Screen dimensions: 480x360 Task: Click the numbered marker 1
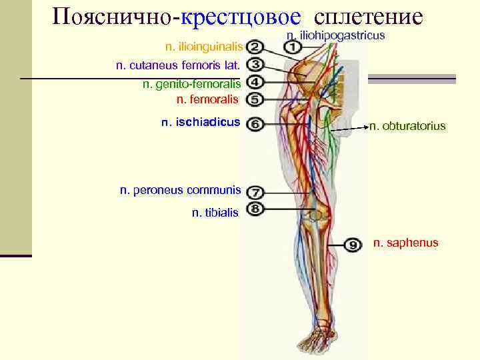pos(292,47)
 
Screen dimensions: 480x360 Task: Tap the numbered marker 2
pos(255,47)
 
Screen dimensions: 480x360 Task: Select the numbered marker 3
pos(255,65)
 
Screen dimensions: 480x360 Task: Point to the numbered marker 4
pos(255,83)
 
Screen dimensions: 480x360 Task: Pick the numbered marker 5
pos(255,99)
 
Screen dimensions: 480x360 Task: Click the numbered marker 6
pos(255,124)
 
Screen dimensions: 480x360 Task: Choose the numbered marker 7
pos(255,192)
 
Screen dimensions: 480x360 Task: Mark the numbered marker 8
pos(255,209)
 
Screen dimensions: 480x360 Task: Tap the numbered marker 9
pos(353,243)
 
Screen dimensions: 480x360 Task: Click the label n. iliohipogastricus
pos(335,34)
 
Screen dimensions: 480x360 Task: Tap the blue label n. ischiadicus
pos(201,123)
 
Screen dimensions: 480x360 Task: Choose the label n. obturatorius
pos(407,125)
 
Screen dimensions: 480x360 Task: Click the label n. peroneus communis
pos(180,190)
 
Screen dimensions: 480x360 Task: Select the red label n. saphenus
pos(405,243)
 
